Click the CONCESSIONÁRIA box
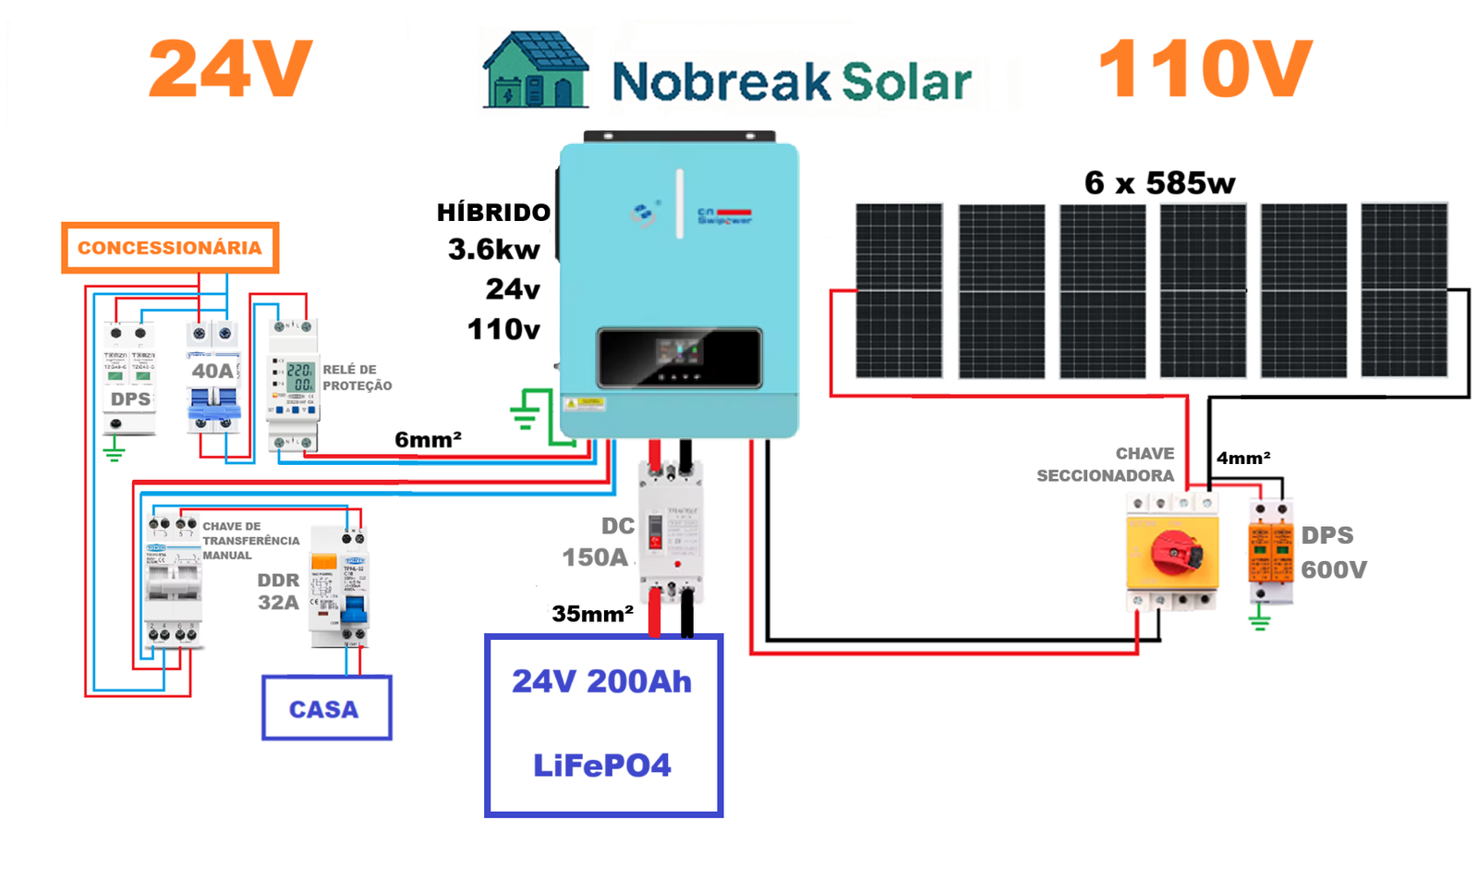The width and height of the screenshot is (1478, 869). pos(170,248)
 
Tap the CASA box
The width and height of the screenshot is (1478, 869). pos(326,708)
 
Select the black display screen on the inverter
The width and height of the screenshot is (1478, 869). pos(679,357)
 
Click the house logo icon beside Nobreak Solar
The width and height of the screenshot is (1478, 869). pos(535,72)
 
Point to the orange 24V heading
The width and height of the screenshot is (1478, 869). pos(230,69)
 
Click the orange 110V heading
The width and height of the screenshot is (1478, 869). pos(1205,69)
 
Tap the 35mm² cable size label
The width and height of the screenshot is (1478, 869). pos(592,614)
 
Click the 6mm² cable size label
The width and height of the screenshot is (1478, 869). pos(428,440)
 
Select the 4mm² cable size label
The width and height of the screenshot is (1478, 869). pos(1243,458)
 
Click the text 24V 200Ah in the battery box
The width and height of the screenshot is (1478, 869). pos(601,681)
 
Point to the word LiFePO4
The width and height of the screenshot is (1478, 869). pos(601,765)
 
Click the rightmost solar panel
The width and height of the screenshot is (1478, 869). pos(1403,290)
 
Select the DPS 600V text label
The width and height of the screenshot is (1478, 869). pos(1333,553)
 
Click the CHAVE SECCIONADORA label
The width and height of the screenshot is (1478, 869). pos(1106,464)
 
